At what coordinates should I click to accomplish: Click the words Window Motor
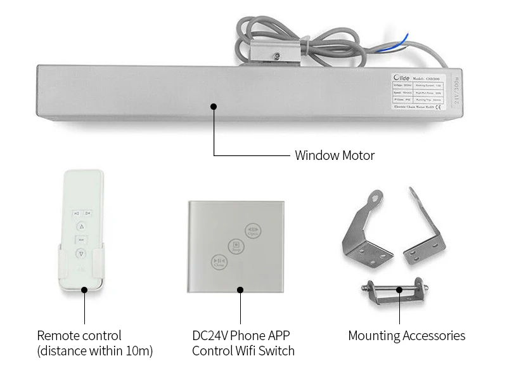click(x=334, y=155)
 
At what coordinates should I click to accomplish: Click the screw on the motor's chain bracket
click(x=277, y=58)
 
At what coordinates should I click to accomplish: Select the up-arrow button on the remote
click(x=81, y=227)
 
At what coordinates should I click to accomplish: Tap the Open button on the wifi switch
click(x=251, y=230)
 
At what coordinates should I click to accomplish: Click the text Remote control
click(x=79, y=336)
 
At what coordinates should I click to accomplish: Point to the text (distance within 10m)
click(x=95, y=350)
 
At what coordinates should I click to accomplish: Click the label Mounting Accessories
click(x=406, y=336)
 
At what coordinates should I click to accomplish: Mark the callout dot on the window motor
click(x=214, y=106)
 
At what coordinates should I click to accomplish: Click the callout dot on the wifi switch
click(x=240, y=289)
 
